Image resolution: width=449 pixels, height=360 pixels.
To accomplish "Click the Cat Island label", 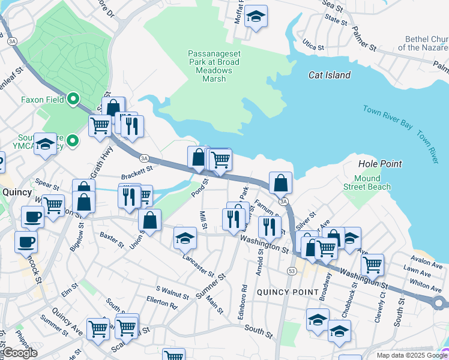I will (x=329, y=75).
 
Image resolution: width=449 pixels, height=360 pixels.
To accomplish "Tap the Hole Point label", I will (x=379, y=163).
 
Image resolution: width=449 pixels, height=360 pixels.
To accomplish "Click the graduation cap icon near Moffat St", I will (x=256, y=16).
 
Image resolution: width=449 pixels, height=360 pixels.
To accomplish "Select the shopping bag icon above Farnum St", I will (x=280, y=182).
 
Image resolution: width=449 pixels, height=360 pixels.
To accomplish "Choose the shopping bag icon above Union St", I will (x=149, y=220).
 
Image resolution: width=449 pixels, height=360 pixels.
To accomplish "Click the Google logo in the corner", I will (x=19, y=353).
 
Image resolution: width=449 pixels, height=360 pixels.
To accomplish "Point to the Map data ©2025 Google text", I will (x=411, y=355).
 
